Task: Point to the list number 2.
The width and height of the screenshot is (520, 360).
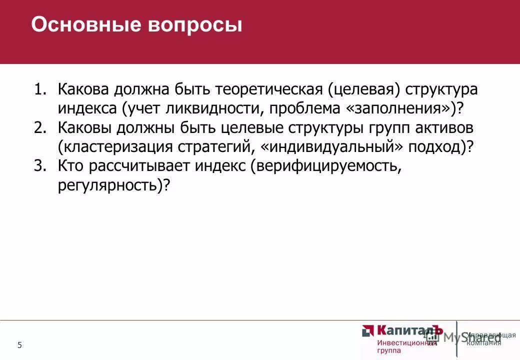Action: point(39,127)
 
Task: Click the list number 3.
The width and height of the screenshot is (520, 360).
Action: point(39,165)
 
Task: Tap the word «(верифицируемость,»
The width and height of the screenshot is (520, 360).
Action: point(326,166)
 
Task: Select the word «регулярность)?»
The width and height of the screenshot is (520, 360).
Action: point(114,184)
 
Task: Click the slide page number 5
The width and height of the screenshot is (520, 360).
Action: point(19,345)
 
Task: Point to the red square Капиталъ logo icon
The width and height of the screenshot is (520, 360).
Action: point(368,331)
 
